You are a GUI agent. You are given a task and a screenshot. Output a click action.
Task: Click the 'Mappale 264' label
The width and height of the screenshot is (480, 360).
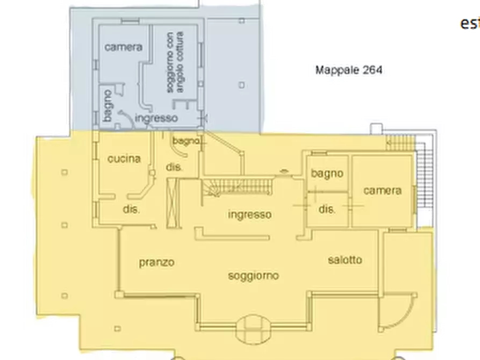pyautogui.click(x=350, y=70)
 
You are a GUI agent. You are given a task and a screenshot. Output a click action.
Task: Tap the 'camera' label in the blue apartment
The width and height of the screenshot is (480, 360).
pyautogui.click(x=124, y=47)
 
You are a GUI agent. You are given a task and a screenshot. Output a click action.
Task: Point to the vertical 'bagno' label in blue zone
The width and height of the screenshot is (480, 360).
pyautogui.click(x=107, y=106)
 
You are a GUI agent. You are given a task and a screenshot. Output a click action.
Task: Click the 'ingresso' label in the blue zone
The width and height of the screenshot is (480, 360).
pyautogui.click(x=156, y=118)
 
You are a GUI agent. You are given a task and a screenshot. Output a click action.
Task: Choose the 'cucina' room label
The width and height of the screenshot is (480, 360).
pyautogui.click(x=124, y=159)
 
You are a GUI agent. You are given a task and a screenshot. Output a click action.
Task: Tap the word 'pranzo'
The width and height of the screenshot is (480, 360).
pyautogui.click(x=156, y=263)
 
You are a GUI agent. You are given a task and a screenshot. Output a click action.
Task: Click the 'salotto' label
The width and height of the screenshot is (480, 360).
pyautogui.click(x=345, y=260)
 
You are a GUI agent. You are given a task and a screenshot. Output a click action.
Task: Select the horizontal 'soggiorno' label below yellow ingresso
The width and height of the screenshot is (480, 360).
pyautogui.click(x=254, y=276)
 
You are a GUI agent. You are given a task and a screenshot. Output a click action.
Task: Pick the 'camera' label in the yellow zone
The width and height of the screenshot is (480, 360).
pyautogui.click(x=382, y=190)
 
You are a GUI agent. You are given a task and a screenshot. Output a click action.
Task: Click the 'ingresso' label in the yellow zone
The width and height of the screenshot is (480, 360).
pyautogui.click(x=249, y=215)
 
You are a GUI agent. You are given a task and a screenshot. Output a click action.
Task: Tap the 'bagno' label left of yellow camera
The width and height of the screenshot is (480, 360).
pyautogui.click(x=327, y=174)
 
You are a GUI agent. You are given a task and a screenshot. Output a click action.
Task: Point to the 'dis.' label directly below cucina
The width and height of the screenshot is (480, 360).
pyautogui.click(x=132, y=210)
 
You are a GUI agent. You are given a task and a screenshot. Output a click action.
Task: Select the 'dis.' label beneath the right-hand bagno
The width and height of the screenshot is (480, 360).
pyautogui.click(x=327, y=210)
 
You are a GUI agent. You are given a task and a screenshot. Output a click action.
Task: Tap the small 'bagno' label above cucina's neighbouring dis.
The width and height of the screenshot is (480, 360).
pyautogui.click(x=185, y=141)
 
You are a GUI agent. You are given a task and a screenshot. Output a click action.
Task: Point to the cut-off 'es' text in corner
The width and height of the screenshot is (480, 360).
pyautogui.click(x=468, y=24)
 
